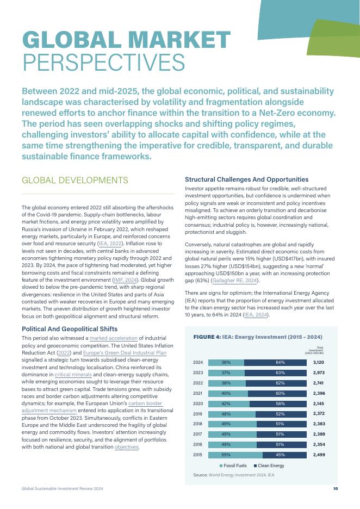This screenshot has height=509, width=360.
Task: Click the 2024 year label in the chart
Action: (x=198, y=362)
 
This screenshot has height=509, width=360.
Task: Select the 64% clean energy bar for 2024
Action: (x=281, y=362)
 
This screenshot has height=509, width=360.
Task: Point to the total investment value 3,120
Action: (x=319, y=362)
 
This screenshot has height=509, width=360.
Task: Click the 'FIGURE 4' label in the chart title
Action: (x=207, y=337)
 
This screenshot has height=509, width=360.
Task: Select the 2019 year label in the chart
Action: (x=198, y=413)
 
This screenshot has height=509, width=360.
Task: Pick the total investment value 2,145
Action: (x=319, y=404)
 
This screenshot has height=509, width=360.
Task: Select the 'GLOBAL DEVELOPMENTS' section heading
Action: (x=75, y=181)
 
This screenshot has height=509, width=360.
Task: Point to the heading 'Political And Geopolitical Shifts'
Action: (x=69, y=329)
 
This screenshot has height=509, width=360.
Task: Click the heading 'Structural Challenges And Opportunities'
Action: (x=247, y=179)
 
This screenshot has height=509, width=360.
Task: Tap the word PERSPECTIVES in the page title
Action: (x=103, y=63)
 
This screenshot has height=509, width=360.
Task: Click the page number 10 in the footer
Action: (x=336, y=489)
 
